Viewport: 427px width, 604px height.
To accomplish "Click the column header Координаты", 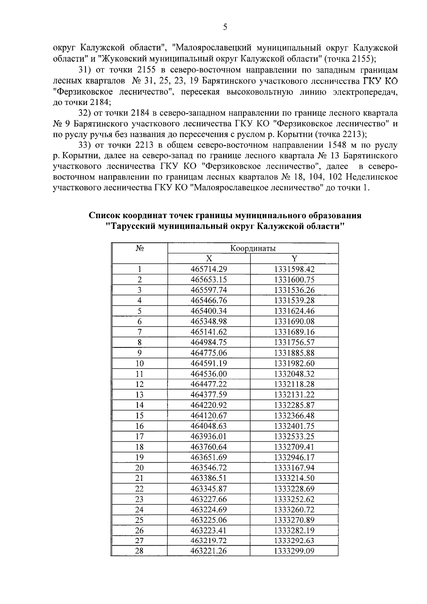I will pos(253,248).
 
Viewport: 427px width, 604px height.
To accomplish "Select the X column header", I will pos(209,259).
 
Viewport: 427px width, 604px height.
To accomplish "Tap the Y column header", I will pos(294,259).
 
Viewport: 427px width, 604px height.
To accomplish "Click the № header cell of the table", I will pos(139,248).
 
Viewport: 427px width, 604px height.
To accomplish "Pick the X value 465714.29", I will pos(209,269).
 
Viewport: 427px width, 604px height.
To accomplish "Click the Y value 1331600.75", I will pos(294,280).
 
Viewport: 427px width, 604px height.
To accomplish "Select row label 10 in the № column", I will pos(139,363).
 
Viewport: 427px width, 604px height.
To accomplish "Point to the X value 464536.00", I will pos(209,374).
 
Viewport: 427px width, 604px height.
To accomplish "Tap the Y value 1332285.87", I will pos(294,405).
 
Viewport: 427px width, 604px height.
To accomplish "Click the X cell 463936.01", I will pos(209,436).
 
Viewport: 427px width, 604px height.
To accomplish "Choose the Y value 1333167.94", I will pos(294,468).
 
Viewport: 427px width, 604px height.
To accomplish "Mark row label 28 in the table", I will pos(139,551).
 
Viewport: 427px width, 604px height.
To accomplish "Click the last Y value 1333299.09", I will pos(294,551).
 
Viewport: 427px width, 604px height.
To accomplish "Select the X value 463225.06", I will pos(209,520).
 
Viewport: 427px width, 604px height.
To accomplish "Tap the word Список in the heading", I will pos(104,216).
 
